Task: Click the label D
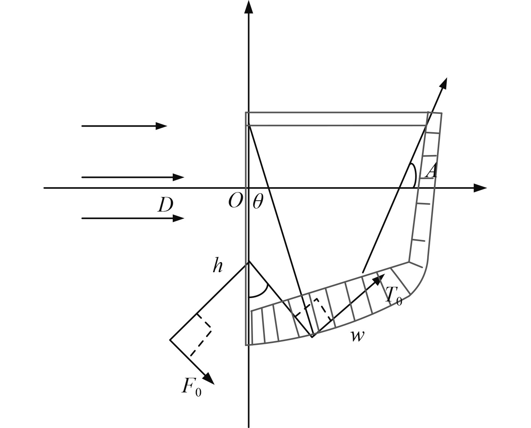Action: click(166, 205)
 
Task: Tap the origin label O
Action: click(236, 201)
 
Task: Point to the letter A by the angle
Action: click(432, 171)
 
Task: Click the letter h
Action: click(218, 265)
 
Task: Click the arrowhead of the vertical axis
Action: click(248, 6)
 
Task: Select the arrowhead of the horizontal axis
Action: click(480, 188)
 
